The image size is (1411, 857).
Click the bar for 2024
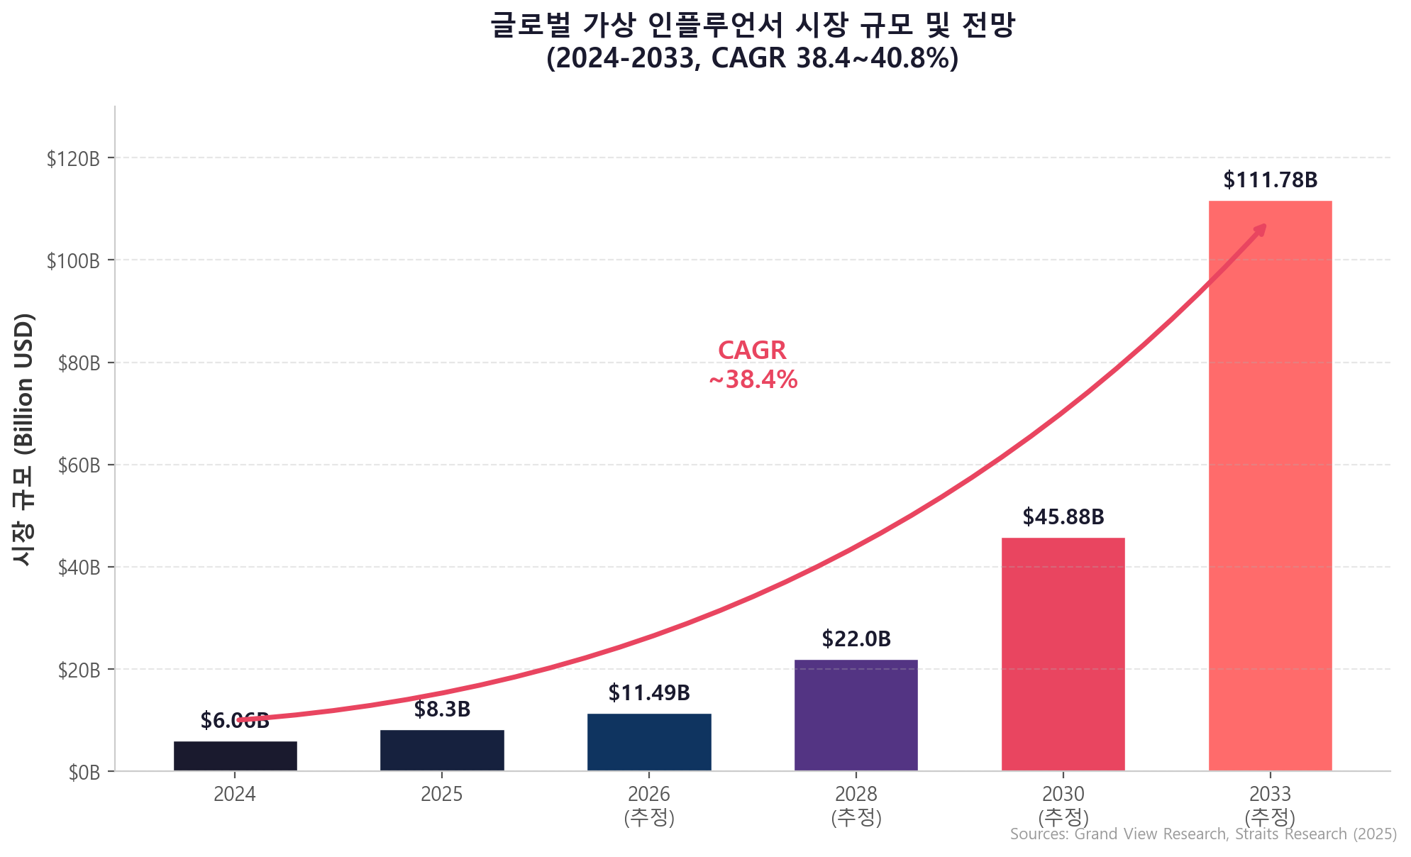point(235,756)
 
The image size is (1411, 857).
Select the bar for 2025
point(442,751)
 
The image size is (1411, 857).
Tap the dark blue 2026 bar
point(649,742)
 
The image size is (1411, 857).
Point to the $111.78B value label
point(1270,180)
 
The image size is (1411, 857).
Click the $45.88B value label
point(1063,517)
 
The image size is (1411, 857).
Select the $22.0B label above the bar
point(856,639)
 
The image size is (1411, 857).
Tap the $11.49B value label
point(649,693)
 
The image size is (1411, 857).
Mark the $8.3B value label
point(442,709)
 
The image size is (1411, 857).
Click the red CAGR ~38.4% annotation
point(753,365)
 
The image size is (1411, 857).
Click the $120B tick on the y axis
point(73,158)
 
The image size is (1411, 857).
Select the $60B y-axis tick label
point(79,465)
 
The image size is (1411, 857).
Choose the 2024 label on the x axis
point(235,794)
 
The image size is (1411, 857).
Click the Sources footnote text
point(1202,834)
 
